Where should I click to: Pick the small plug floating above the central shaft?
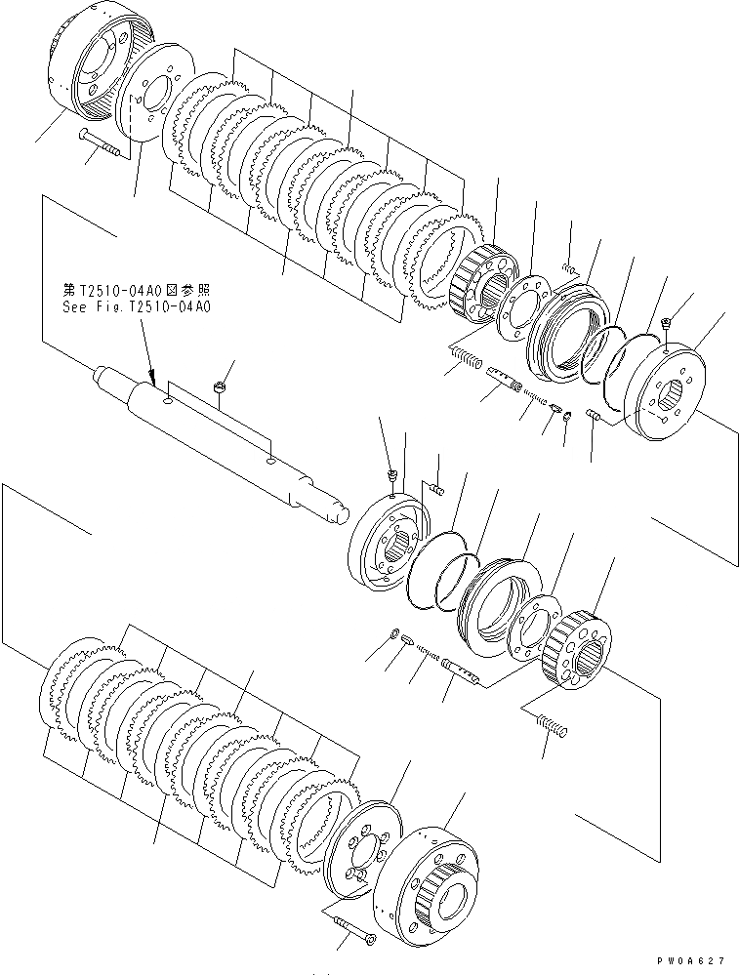tap(221, 387)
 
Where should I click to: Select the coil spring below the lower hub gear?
tap(551, 726)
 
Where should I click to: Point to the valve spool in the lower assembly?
tap(462, 671)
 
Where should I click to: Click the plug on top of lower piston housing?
tap(390, 475)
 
